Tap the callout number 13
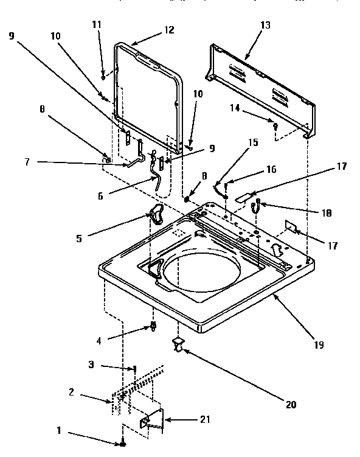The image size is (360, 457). (x=265, y=25)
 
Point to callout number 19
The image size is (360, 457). (x=319, y=344)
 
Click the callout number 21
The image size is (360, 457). (x=206, y=420)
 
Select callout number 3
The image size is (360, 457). (x=91, y=365)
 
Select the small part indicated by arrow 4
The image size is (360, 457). (x=153, y=328)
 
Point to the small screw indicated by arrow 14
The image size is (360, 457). (x=275, y=125)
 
